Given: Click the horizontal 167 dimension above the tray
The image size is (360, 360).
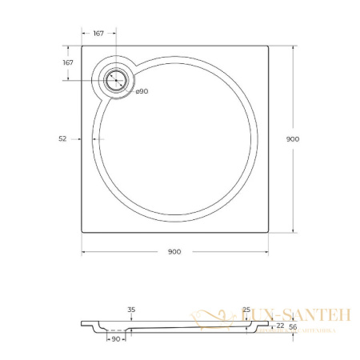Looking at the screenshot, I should click(98, 34).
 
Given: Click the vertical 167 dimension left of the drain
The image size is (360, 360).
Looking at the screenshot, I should click(68, 62).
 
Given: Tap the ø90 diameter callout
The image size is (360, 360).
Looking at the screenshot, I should click(141, 91).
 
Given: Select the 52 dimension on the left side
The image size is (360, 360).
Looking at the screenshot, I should click(62, 138).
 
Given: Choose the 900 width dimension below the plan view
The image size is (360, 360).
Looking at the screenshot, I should click(174, 251).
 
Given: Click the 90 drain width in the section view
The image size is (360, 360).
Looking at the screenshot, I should click(115, 340).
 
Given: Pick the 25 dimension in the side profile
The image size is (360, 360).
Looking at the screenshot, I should click(246, 310).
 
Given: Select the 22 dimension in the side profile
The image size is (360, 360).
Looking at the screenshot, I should click(279, 326).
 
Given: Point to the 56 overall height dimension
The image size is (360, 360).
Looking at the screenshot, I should click(292, 326).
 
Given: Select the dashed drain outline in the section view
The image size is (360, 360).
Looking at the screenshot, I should click(115, 329).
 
